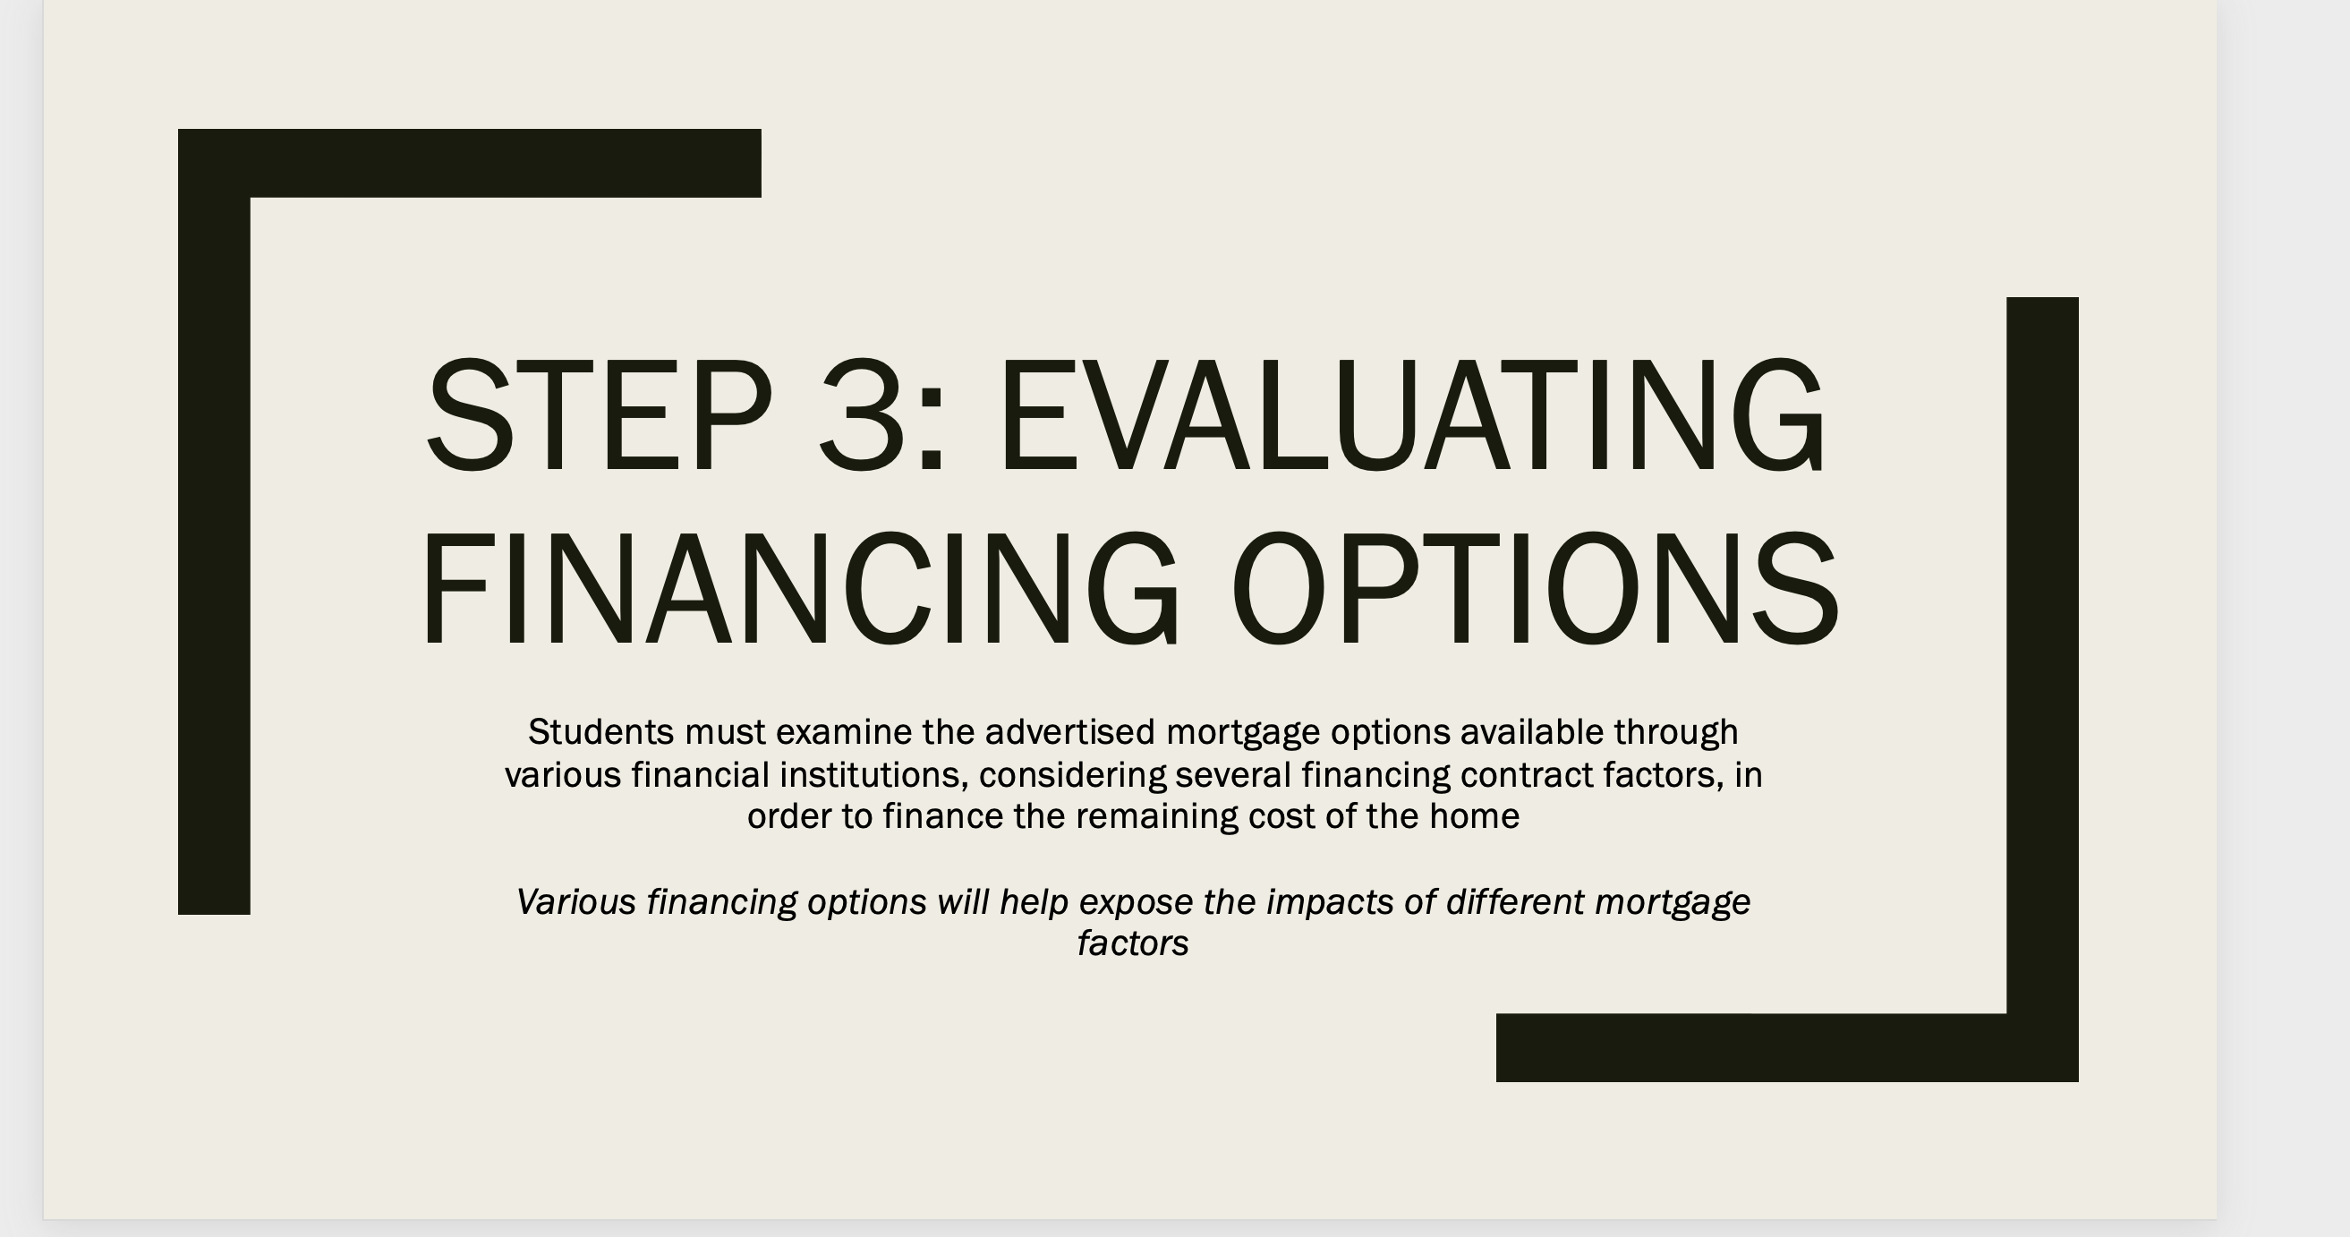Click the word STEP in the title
coord(599,416)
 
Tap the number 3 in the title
coord(861,416)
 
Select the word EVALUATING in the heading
coord(1413,416)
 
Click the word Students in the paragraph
coord(600,731)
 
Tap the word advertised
coord(1069,731)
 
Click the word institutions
coord(873,774)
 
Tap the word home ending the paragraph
coord(1474,816)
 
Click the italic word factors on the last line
coord(1133,943)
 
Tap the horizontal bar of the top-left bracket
coord(506,163)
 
